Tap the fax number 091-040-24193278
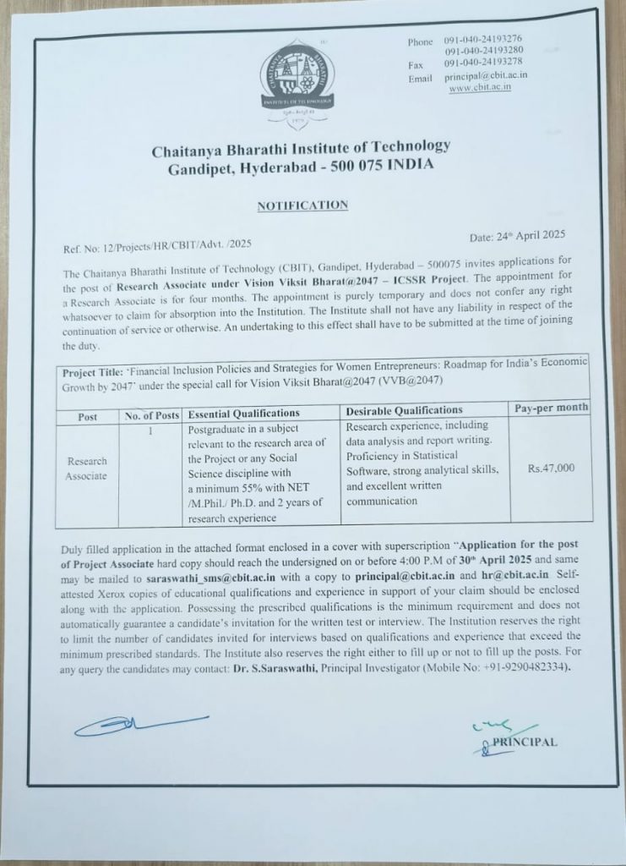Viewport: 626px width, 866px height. click(x=482, y=64)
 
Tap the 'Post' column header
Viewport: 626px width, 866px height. click(x=87, y=415)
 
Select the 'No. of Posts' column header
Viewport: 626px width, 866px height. click(x=151, y=414)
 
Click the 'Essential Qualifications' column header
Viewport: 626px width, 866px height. click(x=244, y=414)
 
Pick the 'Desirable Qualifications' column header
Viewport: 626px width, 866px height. click(x=405, y=411)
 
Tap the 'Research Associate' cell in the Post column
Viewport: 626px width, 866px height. click(x=87, y=468)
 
